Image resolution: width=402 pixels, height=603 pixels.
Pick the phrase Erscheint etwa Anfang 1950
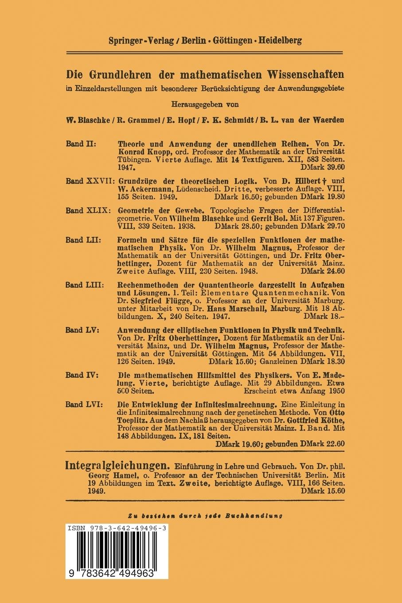click(294, 391)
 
